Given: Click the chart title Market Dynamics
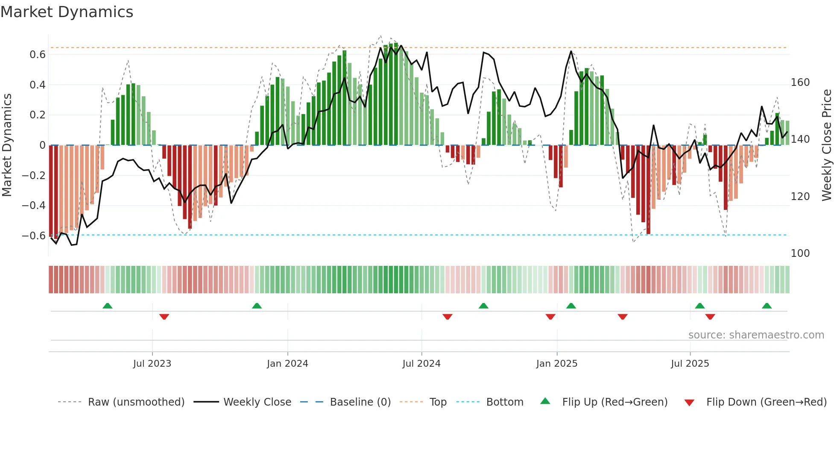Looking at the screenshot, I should [x=67, y=12].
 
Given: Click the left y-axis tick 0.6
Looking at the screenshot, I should [x=38, y=55].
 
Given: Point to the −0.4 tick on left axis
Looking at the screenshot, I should [x=34, y=206].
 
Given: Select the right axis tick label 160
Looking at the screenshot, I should [x=800, y=82].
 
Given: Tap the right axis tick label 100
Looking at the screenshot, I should [x=800, y=253].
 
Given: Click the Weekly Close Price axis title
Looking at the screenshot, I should [x=827, y=145].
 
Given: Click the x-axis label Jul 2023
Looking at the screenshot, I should [x=152, y=364].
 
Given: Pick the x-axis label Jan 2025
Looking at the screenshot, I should [x=556, y=364].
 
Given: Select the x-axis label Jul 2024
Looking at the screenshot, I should [x=421, y=364].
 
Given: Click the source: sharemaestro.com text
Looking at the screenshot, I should [x=756, y=335].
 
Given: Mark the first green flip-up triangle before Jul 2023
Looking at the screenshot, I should [x=108, y=306].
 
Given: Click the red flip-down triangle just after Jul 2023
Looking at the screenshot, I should [x=164, y=317].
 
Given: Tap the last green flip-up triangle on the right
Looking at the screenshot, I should [x=767, y=306].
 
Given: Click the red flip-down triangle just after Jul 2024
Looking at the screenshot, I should [x=447, y=317].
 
